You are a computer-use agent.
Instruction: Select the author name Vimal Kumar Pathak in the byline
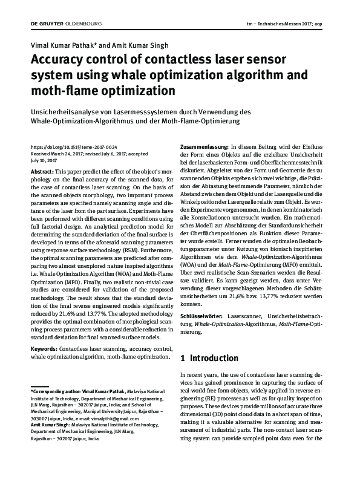(x=64, y=46)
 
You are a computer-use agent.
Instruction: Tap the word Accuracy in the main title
(x=64, y=61)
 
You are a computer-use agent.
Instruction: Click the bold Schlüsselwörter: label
(x=202, y=316)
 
